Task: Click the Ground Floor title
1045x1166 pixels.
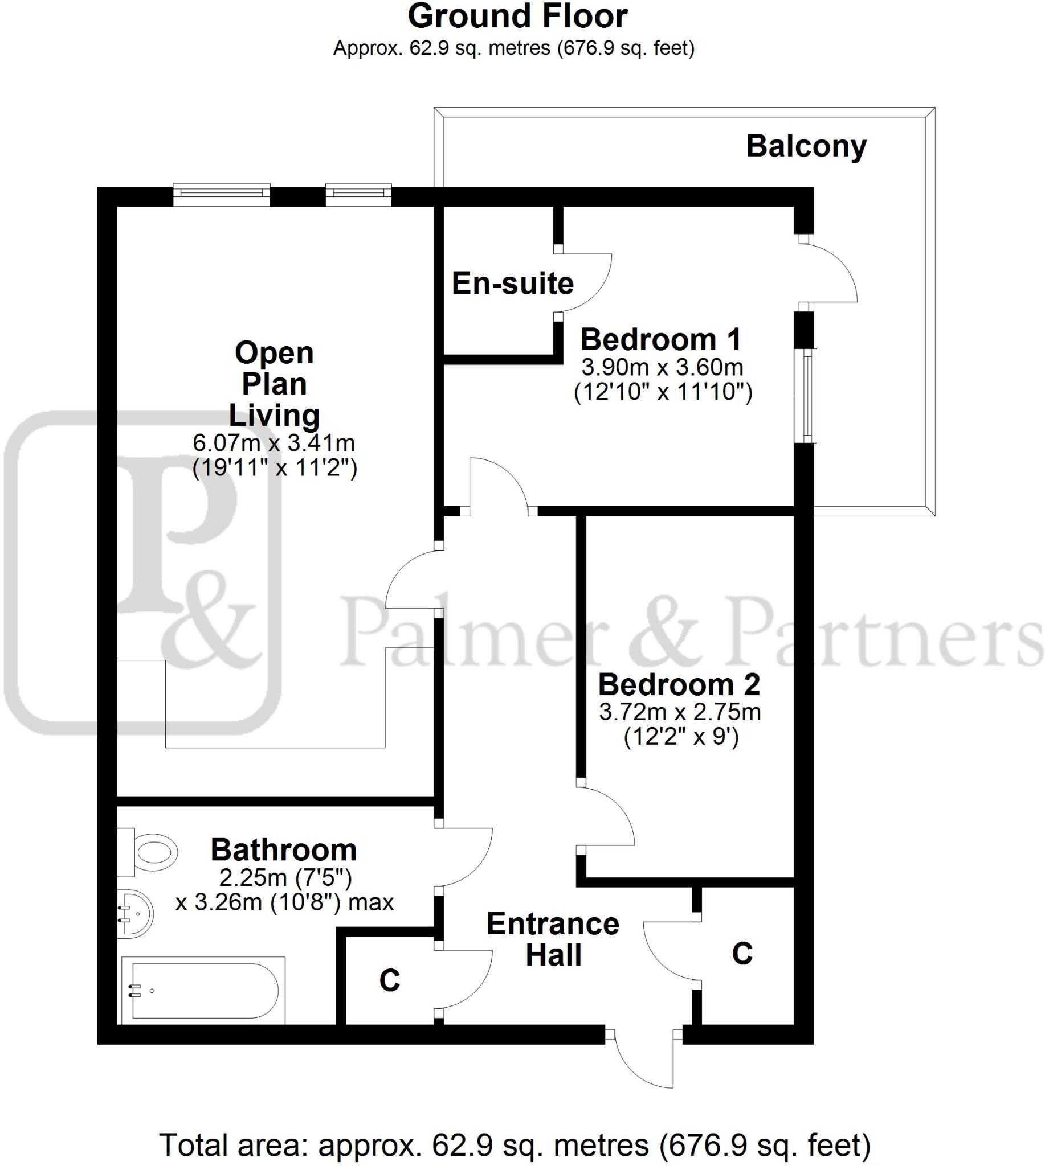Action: (x=517, y=17)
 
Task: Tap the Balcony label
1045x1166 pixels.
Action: (x=806, y=146)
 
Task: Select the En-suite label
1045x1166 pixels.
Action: (x=513, y=284)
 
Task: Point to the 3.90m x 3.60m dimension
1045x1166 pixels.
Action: (x=662, y=367)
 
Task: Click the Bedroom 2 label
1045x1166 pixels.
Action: (x=679, y=684)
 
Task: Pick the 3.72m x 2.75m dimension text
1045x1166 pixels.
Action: (x=680, y=712)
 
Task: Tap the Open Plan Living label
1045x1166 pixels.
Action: (x=275, y=383)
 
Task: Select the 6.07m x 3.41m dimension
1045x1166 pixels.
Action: (x=274, y=443)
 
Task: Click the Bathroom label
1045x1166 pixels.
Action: (x=284, y=850)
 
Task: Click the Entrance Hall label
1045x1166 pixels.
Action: (x=553, y=939)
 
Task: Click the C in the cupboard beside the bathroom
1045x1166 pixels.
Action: (x=389, y=980)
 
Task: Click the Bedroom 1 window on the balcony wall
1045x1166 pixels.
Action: (x=809, y=395)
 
